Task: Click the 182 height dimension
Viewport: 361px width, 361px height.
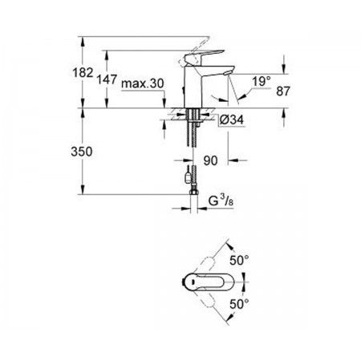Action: (x=83, y=72)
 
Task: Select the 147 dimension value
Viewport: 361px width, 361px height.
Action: (x=107, y=79)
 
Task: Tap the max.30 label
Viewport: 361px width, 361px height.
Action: (x=142, y=83)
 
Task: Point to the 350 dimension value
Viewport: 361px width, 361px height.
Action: (x=82, y=152)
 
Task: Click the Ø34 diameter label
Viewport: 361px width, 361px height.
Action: (x=232, y=120)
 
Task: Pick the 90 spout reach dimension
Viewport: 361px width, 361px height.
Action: (x=210, y=160)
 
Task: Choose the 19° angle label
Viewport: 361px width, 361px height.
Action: (x=262, y=81)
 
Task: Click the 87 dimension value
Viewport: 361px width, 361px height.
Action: (x=283, y=91)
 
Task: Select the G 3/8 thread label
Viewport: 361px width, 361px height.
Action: (x=221, y=201)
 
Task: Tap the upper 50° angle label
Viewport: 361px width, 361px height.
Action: (x=239, y=260)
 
